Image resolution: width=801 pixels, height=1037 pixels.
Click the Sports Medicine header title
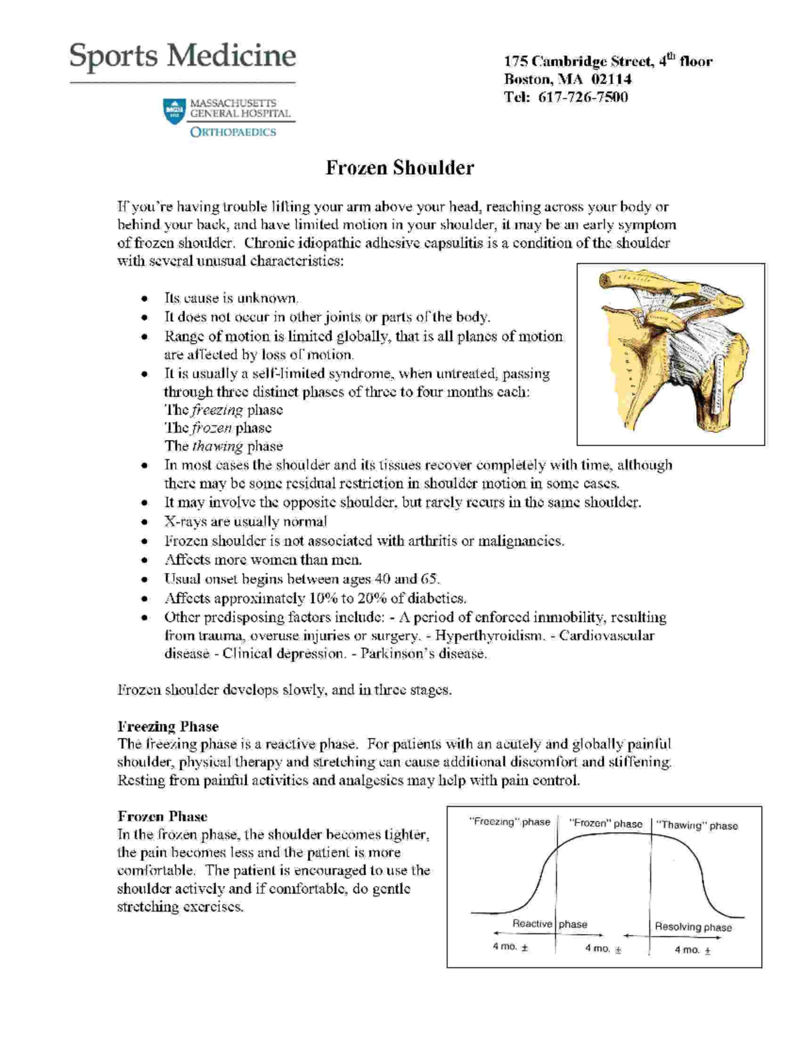[x=182, y=56]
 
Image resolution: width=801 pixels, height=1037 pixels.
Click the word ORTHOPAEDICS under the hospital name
[x=233, y=132]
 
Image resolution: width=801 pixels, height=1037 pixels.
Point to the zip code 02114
[x=611, y=79]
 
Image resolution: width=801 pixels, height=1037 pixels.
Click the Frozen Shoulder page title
[x=399, y=168]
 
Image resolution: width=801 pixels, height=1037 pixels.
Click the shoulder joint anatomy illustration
[x=670, y=354]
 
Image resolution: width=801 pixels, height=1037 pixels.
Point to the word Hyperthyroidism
[x=489, y=636]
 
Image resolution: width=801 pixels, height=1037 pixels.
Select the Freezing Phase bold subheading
[x=168, y=727]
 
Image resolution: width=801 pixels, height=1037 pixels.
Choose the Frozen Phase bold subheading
[x=162, y=817]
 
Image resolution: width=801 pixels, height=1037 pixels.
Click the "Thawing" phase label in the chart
[x=698, y=825]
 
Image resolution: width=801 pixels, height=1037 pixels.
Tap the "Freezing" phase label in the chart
[x=510, y=822]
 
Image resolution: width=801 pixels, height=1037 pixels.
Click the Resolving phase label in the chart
[x=693, y=927]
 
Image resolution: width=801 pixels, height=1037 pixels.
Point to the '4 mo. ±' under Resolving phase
[x=692, y=950]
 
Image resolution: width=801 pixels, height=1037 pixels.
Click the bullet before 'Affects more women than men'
[x=144, y=561]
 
